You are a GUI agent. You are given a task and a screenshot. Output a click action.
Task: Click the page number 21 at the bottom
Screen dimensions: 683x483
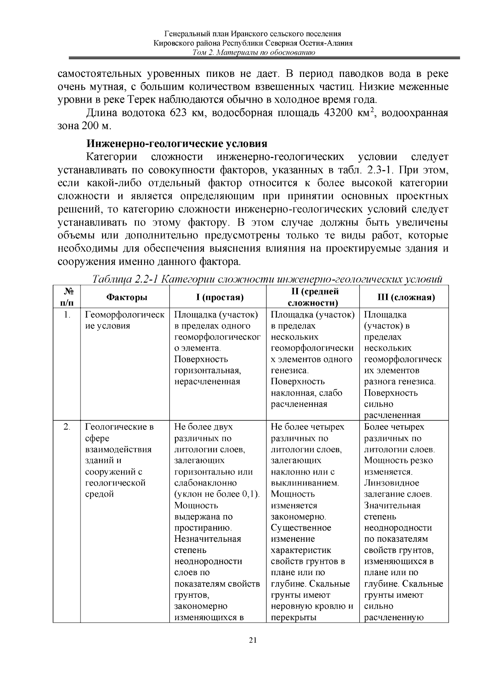(x=253, y=640)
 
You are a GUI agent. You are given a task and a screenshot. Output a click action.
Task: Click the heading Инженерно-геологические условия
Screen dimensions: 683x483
(x=177, y=144)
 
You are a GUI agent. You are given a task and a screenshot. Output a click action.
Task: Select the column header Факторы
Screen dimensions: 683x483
(x=126, y=297)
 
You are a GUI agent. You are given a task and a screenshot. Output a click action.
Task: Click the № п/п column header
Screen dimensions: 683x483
(x=68, y=297)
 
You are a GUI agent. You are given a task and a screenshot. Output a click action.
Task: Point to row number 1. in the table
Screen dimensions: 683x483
(x=67, y=315)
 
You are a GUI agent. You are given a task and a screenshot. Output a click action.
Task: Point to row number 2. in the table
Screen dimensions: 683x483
(x=67, y=427)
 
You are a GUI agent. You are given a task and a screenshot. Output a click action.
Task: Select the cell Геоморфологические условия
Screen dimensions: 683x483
(x=124, y=320)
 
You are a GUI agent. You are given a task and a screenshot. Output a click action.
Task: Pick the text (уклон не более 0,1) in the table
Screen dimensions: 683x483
(x=217, y=494)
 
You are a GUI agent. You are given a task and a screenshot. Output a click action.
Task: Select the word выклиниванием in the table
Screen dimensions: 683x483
(x=305, y=483)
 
